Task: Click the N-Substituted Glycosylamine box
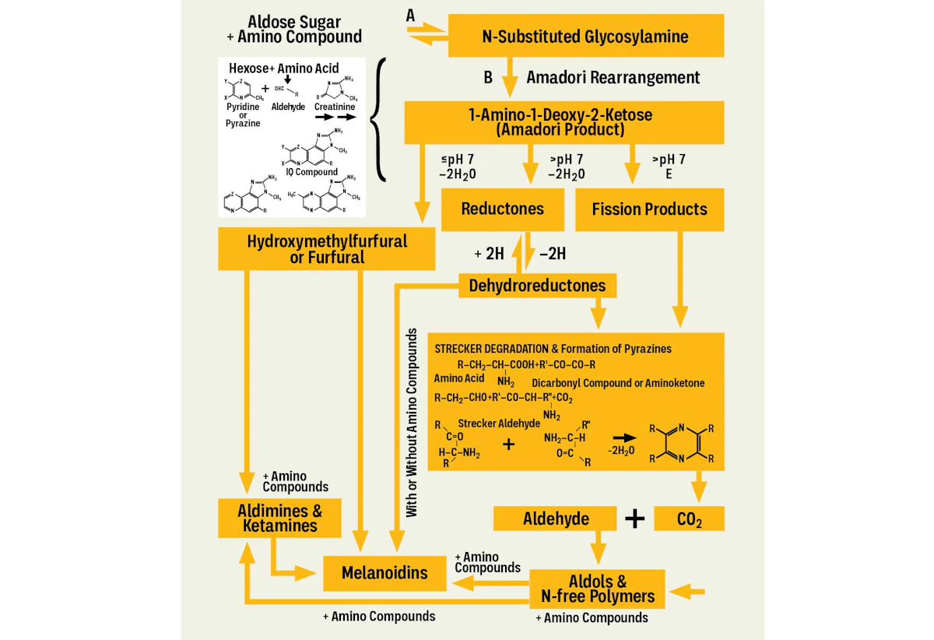tap(586, 36)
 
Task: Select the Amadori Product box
tap(560, 122)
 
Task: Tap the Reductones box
tap(502, 209)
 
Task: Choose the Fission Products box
tap(649, 209)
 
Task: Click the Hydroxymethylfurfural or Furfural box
tap(327, 248)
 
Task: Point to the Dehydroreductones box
tap(537, 286)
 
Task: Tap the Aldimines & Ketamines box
tap(279, 519)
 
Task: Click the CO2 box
tap(689, 519)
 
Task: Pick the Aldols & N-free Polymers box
tap(597, 589)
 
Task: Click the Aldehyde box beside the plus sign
tap(556, 519)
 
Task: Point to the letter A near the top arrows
tap(411, 15)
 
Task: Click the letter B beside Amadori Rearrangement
tap(488, 77)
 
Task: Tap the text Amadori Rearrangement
tap(613, 77)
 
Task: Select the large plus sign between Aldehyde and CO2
tap(635, 519)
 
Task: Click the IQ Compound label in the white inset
tap(311, 172)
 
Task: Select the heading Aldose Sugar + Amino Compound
tap(300, 29)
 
